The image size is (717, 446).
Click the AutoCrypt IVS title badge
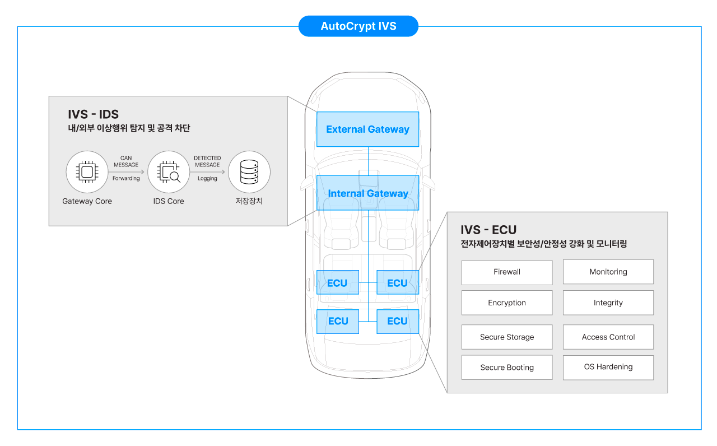coord(358,26)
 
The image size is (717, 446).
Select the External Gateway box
coord(367,129)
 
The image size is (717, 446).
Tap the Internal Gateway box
coord(367,193)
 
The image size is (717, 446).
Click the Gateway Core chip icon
coord(87,172)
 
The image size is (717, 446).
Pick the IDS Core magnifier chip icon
coord(169,172)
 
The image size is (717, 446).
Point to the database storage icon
coord(249,172)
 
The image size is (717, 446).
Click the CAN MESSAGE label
coord(126,161)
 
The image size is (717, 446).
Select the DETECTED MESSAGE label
coord(207,161)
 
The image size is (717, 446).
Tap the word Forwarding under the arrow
coord(126,178)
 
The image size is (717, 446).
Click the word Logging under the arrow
coord(207,178)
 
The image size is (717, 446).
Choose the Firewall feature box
coord(507,272)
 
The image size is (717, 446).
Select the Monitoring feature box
coord(608,272)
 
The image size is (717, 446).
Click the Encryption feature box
coord(507,303)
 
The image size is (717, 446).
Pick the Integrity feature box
coord(608,303)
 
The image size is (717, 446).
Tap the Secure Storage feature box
coord(507,337)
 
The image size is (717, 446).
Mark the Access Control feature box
coord(608,337)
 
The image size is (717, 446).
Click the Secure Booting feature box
coord(507,368)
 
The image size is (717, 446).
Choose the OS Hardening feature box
coord(608,368)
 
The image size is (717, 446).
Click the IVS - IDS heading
coord(93,115)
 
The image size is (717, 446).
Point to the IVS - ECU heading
coord(488,230)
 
